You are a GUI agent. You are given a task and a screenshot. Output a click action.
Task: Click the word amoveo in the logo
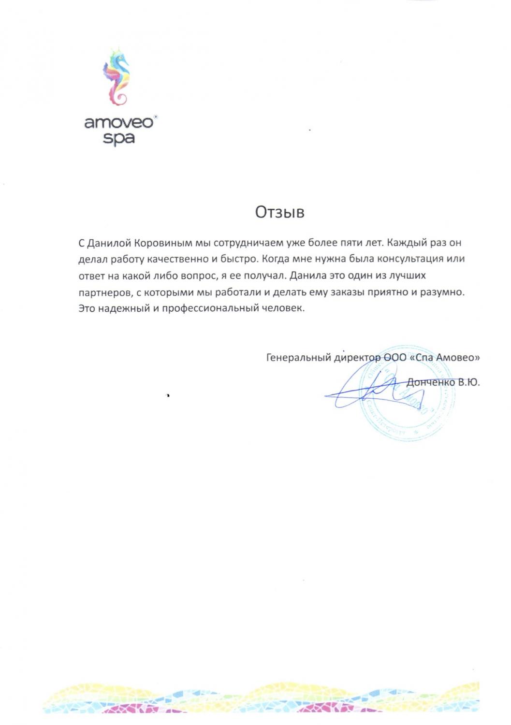pos(118,122)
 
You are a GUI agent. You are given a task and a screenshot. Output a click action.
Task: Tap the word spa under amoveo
pos(118,139)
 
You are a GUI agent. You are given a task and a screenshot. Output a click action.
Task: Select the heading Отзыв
pos(280,212)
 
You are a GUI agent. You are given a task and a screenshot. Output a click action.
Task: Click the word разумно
pos(442,292)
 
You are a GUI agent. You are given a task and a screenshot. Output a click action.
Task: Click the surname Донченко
pos(431,382)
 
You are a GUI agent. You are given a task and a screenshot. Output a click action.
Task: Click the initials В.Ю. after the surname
pos(469,382)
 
